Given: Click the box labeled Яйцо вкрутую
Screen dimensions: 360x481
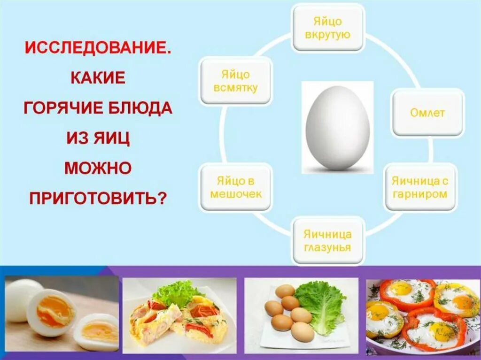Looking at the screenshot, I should click(x=328, y=28).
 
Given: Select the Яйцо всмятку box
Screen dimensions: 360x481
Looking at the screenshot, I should click(x=235, y=81).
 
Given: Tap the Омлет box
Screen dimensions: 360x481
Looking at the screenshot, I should click(x=427, y=113).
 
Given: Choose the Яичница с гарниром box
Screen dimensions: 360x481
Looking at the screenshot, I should click(x=419, y=187).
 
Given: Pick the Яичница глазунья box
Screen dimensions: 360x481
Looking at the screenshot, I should click(x=327, y=240).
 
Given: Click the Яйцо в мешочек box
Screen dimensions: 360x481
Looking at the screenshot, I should click(x=235, y=187).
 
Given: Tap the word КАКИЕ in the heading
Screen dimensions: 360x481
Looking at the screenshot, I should click(x=98, y=77).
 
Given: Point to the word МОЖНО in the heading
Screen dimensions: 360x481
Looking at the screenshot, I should click(x=97, y=168).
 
